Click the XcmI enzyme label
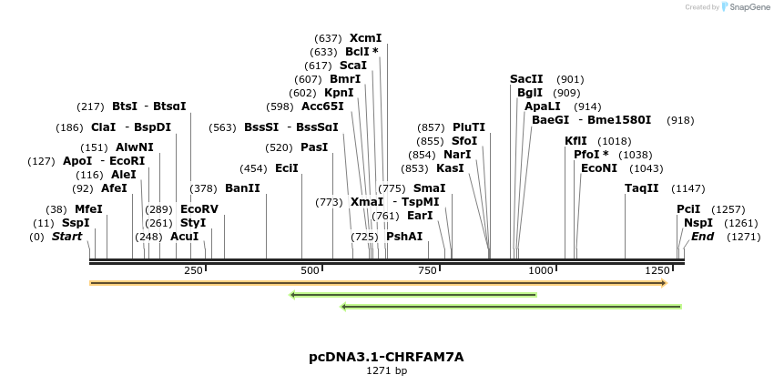(x=365, y=38)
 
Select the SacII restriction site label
(x=526, y=79)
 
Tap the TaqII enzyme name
(x=641, y=188)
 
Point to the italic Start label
(x=66, y=237)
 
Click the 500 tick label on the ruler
(x=311, y=270)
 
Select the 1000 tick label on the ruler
(x=542, y=270)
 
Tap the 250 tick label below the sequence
(x=193, y=270)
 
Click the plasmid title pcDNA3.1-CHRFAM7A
(x=386, y=357)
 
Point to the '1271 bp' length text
(x=386, y=370)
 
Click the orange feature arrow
(x=378, y=283)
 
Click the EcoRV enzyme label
(x=199, y=208)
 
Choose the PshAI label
(x=404, y=237)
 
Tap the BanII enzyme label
(x=242, y=188)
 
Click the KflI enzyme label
(x=575, y=141)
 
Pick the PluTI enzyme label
(x=469, y=127)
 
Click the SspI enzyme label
(x=76, y=223)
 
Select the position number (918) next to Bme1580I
(x=679, y=120)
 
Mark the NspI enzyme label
(x=698, y=223)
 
